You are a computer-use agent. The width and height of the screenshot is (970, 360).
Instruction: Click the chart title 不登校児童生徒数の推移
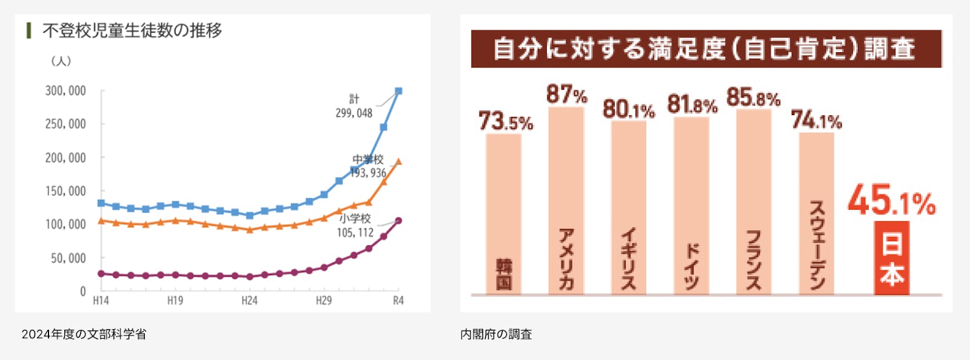point(132,30)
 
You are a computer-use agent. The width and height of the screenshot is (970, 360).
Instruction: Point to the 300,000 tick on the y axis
point(65,91)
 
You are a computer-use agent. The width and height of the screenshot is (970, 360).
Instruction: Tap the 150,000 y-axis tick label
point(65,192)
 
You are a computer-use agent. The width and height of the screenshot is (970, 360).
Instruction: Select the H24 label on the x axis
point(249,301)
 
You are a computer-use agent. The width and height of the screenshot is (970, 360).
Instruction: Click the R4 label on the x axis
point(398,301)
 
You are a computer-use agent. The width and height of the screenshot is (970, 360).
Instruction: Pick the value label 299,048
point(354,113)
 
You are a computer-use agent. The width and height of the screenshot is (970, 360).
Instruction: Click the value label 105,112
point(355,233)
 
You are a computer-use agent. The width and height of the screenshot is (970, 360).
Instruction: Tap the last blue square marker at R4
point(398,91)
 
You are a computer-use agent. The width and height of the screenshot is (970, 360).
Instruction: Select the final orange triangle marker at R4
point(398,162)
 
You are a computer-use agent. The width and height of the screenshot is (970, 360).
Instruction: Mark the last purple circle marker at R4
point(398,221)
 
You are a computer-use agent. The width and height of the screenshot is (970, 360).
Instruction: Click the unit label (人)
point(61,61)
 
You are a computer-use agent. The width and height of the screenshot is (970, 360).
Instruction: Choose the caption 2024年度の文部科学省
point(84,334)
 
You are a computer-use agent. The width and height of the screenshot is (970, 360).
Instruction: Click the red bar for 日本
point(892,258)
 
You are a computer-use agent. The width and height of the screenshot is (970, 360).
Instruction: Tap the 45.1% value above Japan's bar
point(891,201)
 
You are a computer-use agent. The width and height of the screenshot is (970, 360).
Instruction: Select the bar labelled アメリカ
point(566,200)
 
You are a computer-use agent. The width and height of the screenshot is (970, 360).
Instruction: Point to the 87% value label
point(566,95)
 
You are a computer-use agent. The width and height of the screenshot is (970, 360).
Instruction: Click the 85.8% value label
point(753,98)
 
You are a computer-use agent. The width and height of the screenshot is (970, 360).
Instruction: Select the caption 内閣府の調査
point(496,334)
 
